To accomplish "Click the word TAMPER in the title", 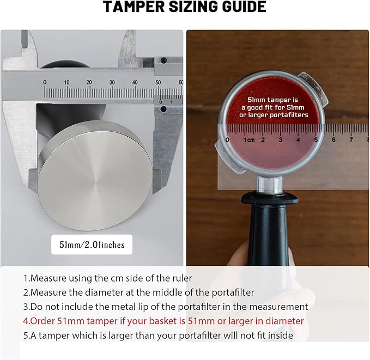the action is pos(134,7).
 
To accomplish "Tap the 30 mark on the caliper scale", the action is pos(112,82).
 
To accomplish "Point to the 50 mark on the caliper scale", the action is pos(158,82).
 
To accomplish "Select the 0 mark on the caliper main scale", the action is pos(45,82).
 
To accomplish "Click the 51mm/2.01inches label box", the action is pos(92,245).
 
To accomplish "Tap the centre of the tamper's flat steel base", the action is pos(95,176).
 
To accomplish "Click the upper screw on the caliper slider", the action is pos(163,60).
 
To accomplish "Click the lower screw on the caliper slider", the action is pos(163,109).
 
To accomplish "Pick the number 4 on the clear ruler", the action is pos(298,139).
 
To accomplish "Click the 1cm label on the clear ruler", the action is pos(249,139).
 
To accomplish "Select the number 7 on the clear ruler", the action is pos(351,139).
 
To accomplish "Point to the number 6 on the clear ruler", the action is pos(333,139).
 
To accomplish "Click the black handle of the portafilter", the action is pos(268,231).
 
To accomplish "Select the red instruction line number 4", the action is pos(163,321).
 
